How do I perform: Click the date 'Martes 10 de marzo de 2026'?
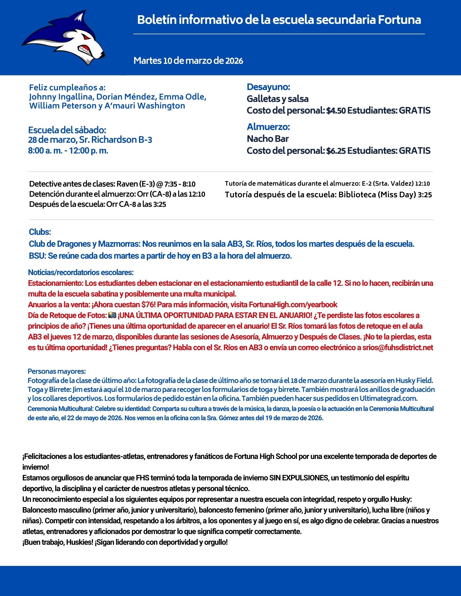188,61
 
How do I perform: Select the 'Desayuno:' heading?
268,87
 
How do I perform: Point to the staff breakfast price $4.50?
336,111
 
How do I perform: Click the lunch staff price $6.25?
336,151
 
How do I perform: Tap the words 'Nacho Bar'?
268,139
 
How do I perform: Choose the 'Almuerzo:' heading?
268,127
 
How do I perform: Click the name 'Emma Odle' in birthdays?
182,97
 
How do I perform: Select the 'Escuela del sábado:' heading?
67,130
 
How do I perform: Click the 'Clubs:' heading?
40,232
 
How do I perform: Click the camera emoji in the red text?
112,315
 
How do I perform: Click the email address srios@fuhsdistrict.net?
397,348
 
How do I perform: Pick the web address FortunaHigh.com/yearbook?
293,305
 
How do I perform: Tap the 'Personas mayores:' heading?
57,371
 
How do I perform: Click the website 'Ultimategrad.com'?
388,398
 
